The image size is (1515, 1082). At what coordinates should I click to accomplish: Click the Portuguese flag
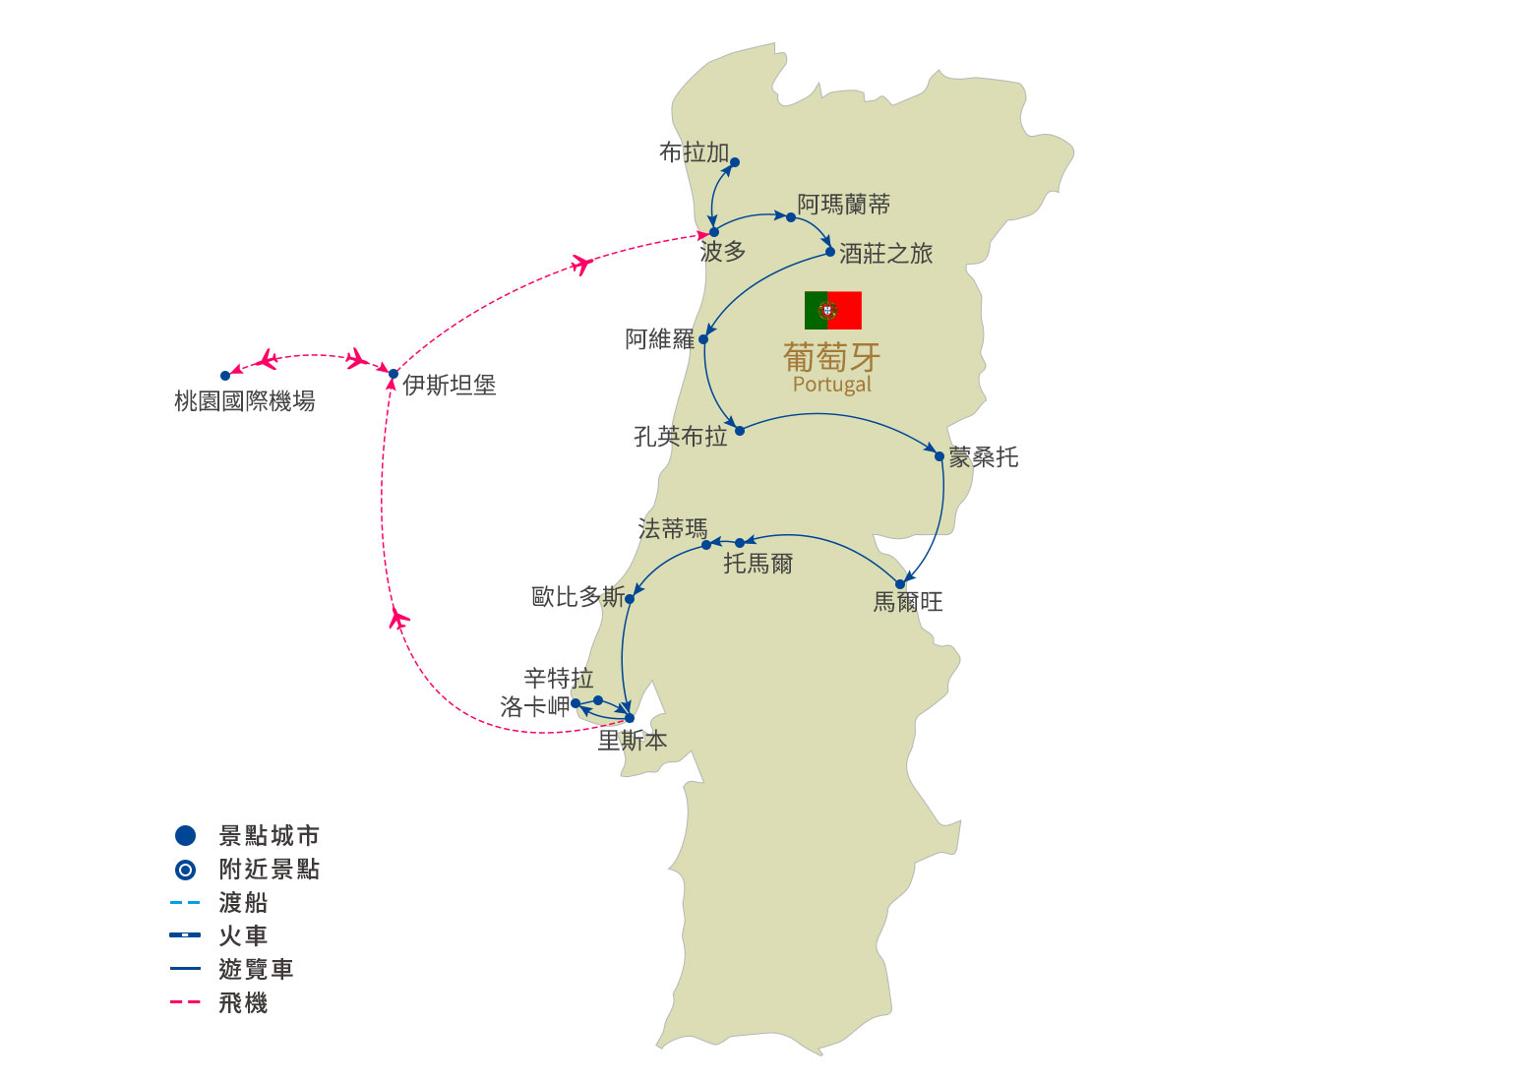click(832, 310)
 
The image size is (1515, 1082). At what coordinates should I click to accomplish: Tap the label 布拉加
click(694, 152)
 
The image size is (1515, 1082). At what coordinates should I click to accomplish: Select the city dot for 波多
click(714, 232)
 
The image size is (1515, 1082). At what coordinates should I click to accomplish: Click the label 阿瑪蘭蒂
click(843, 205)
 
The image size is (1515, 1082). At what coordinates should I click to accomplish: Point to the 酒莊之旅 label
click(885, 254)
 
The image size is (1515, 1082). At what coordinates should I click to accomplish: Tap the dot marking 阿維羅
click(703, 339)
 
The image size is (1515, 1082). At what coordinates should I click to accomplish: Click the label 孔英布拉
click(680, 436)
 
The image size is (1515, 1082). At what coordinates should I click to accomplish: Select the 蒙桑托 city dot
click(939, 456)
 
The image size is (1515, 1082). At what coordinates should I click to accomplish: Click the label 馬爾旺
click(907, 601)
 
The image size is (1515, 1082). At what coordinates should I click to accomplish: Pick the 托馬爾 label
click(757, 564)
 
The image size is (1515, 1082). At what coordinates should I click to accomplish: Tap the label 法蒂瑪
click(672, 529)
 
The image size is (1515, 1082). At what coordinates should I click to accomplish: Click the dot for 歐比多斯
click(630, 598)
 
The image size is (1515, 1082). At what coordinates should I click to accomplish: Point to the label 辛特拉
click(559, 678)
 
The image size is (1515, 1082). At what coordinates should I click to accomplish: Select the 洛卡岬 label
click(534, 706)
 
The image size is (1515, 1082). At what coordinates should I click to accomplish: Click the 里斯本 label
click(633, 741)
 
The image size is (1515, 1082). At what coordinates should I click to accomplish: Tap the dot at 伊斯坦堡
click(394, 374)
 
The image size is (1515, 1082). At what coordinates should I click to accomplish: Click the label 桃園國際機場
click(244, 401)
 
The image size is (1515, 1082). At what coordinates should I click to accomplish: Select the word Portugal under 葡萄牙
click(832, 385)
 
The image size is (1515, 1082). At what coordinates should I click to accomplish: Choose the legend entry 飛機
click(243, 1003)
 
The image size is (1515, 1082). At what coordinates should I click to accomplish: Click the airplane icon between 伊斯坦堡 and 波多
click(581, 264)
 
